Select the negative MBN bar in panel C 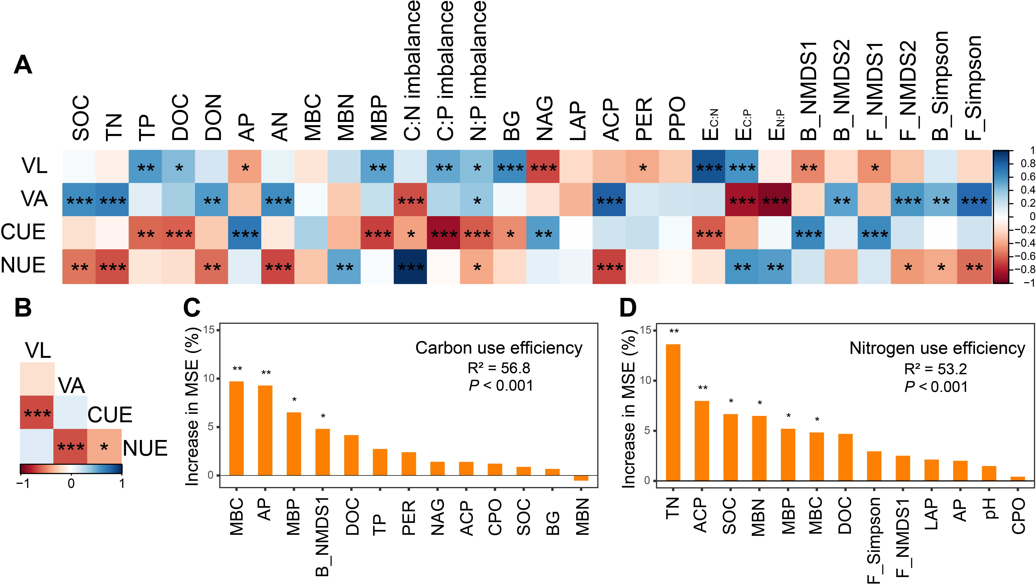[581, 478]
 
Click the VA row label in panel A [35, 199]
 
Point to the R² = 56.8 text [499, 368]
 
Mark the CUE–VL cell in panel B [37, 412]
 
